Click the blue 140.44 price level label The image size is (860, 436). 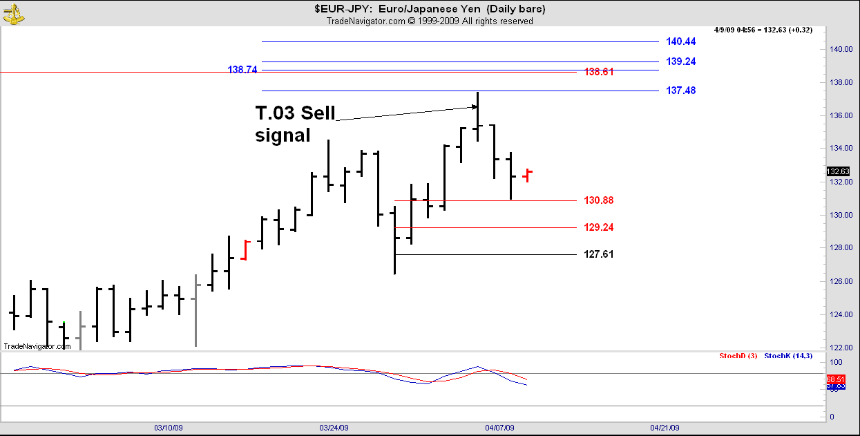tap(680, 41)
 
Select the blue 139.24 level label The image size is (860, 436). tap(680, 61)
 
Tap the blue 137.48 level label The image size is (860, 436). tap(680, 91)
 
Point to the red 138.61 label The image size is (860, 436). tap(599, 72)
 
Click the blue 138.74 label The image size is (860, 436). tap(242, 70)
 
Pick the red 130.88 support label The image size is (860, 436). tap(598, 200)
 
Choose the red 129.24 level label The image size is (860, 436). tap(598, 227)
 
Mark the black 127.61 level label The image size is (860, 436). tap(598, 254)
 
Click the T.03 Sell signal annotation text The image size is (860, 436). tap(295, 124)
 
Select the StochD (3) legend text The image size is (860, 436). tap(738, 356)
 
